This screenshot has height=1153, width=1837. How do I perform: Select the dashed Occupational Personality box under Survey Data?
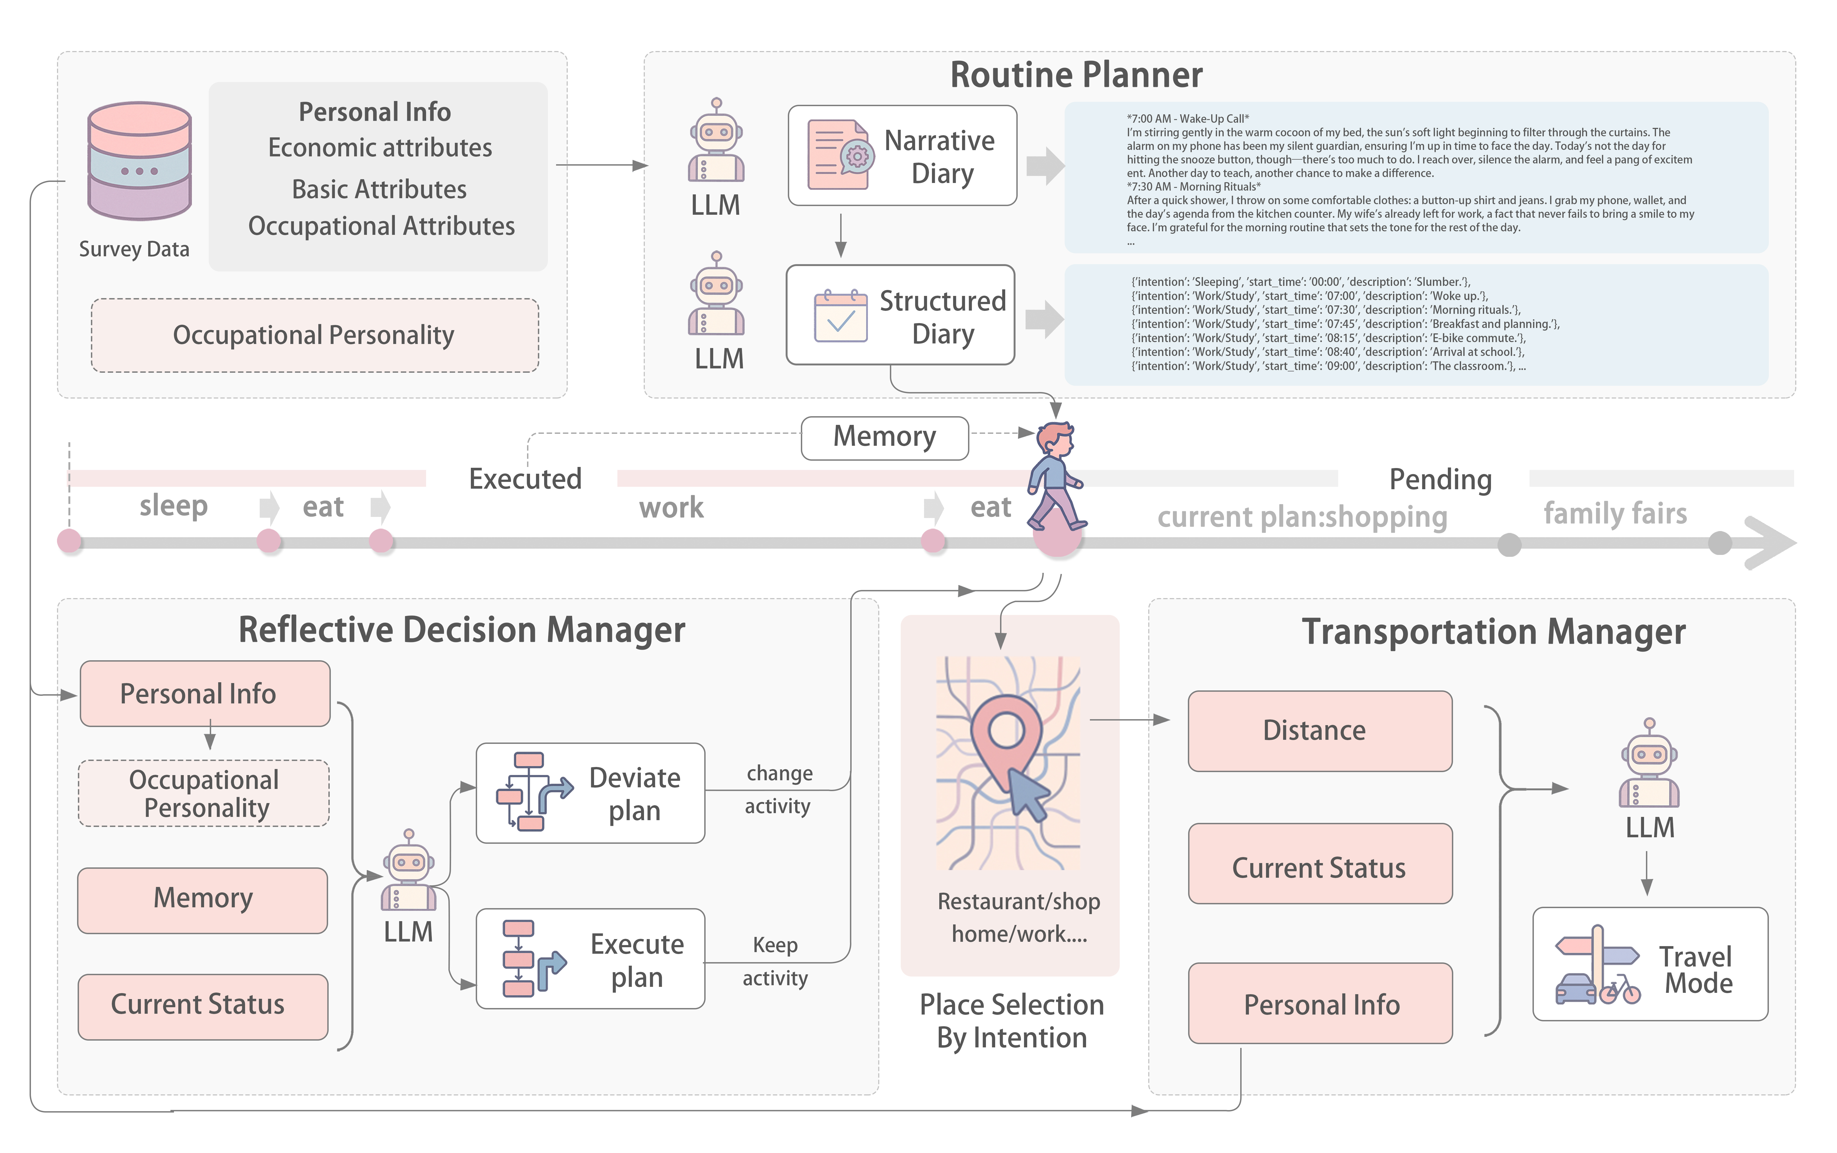click(314, 336)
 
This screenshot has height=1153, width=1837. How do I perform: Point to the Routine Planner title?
click(1075, 75)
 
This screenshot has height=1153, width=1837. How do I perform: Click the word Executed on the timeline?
click(525, 479)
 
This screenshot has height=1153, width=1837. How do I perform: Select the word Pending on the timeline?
click(1440, 480)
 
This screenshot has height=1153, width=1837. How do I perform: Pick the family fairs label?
click(1614, 513)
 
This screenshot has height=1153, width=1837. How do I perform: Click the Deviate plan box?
click(590, 793)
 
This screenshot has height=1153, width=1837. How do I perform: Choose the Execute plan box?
click(590, 959)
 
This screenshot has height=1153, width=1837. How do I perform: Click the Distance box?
click(1319, 731)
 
